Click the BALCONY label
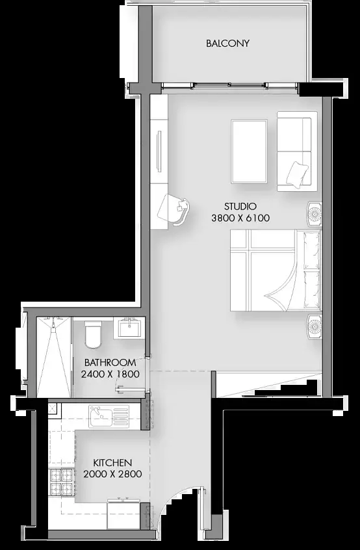tap(227, 43)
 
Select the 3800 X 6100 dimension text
tap(240, 218)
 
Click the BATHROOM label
tap(110, 362)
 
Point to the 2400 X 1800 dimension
tap(110, 374)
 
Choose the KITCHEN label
tap(112, 462)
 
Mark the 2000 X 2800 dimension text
tap(112, 474)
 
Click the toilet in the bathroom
tap(93, 335)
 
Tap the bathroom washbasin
tap(129, 328)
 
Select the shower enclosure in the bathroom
tap(54, 357)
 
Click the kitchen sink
tap(109, 416)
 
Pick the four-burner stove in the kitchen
tap(62, 482)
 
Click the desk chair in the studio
tap(174, 209)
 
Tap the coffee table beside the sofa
tap(250, 151)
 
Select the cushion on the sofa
tap(297, 175)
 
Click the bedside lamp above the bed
tap(314, 214)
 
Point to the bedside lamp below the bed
tap(314, 326)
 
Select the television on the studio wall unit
tap(159, 151)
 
